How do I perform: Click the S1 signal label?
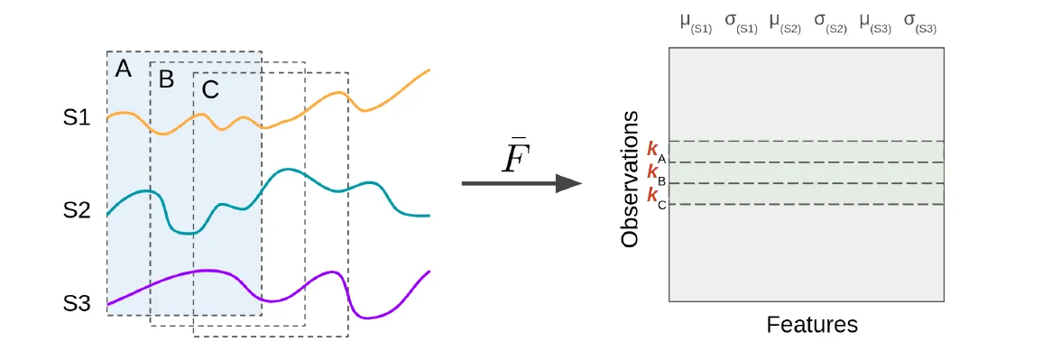click(78, 117)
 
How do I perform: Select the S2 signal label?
click(78, 210)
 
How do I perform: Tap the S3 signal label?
click(78, 304)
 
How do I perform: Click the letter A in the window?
click(124, 69)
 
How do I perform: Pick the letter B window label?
click(166, 79)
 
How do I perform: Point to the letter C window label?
click(210, 89)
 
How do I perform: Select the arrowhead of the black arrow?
click(568, 183)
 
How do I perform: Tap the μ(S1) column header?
click(696, 23)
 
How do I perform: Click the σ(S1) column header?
click(741, 23)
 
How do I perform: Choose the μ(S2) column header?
click(785, 23)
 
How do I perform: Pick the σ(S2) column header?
click(830, 23)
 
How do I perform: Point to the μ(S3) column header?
click(875, 23)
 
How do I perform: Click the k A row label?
click(656, 152)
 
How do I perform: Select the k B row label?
click(656, 173)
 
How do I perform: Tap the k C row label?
click(656, 195)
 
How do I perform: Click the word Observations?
click(631, 179)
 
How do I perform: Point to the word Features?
click(812, 324)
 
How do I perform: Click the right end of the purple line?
click(429, 271)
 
